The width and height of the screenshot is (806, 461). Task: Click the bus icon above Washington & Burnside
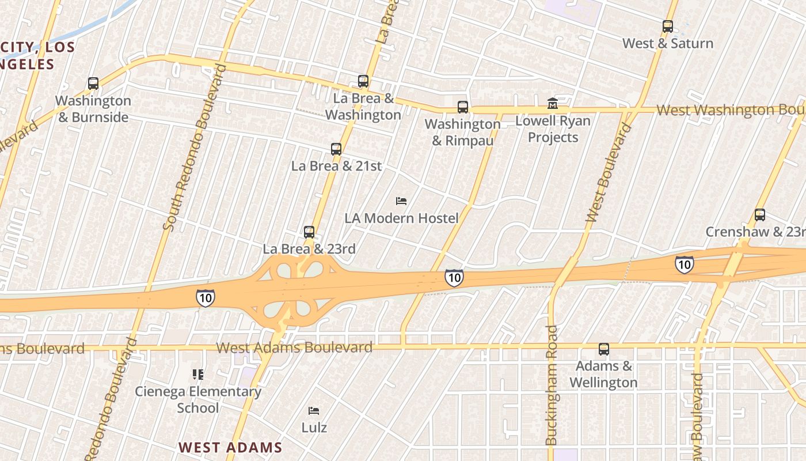[93, 84]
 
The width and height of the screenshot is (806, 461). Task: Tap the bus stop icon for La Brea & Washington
[363, 81]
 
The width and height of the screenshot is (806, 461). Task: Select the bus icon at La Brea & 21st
[336, 149]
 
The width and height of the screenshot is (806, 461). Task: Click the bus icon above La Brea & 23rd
[309, 232]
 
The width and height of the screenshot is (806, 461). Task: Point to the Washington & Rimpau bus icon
[463, 107]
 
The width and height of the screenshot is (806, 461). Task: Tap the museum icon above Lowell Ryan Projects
[553, 104]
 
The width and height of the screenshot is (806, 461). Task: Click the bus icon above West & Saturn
[668, 27]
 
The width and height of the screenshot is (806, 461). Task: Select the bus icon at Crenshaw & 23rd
[760, 216]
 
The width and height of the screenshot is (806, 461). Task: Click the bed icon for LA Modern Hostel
[401, 201]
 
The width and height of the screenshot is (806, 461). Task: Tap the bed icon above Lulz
[314, 411]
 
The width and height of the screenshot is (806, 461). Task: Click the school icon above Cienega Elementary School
[198, 375]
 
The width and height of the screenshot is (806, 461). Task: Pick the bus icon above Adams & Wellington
[603, 349]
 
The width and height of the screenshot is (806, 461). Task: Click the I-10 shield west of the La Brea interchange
[205, 298]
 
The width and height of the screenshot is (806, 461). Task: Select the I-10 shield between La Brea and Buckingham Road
[454, 278]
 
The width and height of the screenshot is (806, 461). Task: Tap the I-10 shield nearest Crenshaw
[684, 265]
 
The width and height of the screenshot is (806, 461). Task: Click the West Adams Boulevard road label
[294, 347]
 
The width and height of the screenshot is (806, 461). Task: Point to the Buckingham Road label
[552, 385]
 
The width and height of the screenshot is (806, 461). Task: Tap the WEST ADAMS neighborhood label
[230, 447]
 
